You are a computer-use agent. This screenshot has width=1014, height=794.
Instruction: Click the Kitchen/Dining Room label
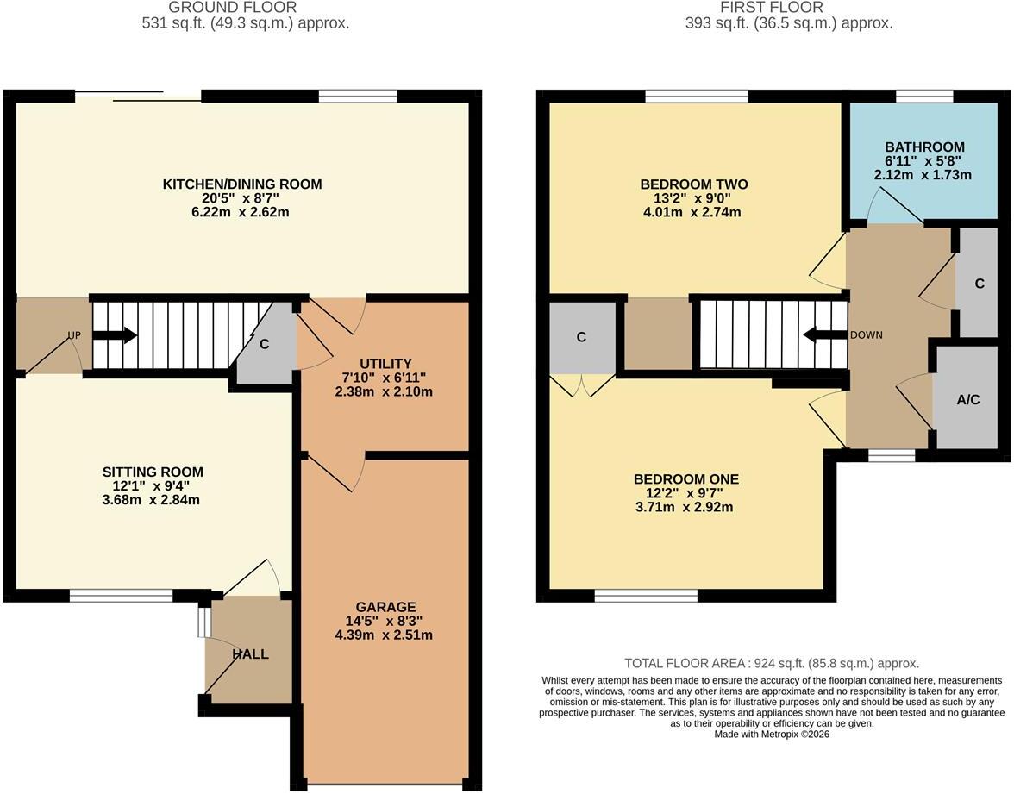coord(241,184)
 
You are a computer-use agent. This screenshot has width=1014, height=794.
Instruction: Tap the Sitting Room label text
coord(153,472)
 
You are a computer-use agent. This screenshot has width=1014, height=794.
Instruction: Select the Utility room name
coord(385,364)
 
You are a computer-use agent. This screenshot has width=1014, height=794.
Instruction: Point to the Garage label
coord(385,607)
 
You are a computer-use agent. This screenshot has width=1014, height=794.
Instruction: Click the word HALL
coord(250,654)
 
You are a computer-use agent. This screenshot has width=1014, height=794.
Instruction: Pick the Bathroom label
coord(924,147)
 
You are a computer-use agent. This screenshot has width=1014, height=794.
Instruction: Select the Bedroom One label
coord(686,479)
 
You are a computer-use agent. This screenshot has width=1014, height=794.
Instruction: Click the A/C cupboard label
coord(968,400)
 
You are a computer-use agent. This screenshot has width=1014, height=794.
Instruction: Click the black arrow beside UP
coord(116,334)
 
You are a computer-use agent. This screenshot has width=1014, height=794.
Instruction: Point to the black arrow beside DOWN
coord(825,334)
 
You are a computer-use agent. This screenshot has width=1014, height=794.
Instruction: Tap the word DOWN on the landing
coord(867,334)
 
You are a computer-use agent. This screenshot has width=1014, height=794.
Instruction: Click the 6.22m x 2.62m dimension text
coord(241,212)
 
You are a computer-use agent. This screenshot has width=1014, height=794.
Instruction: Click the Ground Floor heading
coord(233,8)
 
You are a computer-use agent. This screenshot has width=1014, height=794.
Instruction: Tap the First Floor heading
coord(772,8)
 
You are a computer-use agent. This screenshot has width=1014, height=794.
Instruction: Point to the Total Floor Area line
coord(772,663)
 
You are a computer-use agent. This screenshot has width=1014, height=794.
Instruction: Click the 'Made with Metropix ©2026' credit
coord(772,734)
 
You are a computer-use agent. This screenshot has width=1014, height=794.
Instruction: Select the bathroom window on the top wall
coord(924,97)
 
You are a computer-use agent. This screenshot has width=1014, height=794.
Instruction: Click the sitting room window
coord(122,596)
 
